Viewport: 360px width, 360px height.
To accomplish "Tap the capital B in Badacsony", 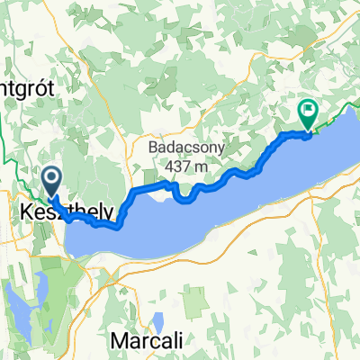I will coord(154,146).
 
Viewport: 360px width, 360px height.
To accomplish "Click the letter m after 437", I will coord(203,166).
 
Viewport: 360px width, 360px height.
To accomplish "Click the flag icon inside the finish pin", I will coord(309,112).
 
